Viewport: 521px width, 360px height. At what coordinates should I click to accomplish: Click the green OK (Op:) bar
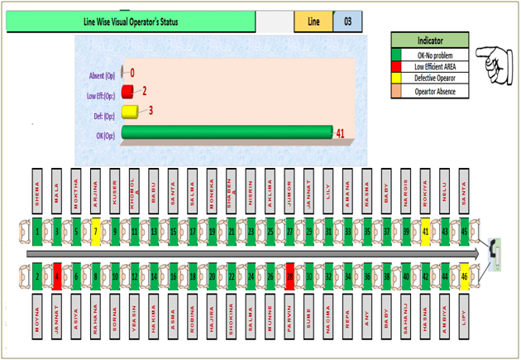click(x=225, y=132)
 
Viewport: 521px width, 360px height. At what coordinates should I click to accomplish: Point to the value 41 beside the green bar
click(x=339, y=132)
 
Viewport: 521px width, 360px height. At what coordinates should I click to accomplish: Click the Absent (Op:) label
click(x=103, y=75)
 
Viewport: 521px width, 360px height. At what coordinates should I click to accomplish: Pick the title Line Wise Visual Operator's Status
click(x=131, y=22)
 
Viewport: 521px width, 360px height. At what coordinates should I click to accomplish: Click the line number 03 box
click(x=347, y=22)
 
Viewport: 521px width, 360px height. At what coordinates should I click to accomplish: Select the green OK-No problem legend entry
click(x=429, y=55)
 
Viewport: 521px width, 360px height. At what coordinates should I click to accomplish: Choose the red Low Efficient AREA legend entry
click(x=429, y=67)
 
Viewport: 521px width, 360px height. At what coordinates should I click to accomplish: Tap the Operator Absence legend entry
click(x=429, y=92)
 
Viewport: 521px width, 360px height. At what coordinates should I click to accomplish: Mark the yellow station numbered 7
click(x=96, y=232)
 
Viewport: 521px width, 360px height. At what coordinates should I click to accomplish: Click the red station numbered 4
click(x=57, y=276)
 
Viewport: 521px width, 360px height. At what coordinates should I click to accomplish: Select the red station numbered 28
click(x=290, y=276)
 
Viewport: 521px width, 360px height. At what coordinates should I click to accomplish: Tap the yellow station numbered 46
click(x=465, y=276)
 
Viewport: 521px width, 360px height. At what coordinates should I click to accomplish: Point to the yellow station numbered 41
click(x=426, y=232)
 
